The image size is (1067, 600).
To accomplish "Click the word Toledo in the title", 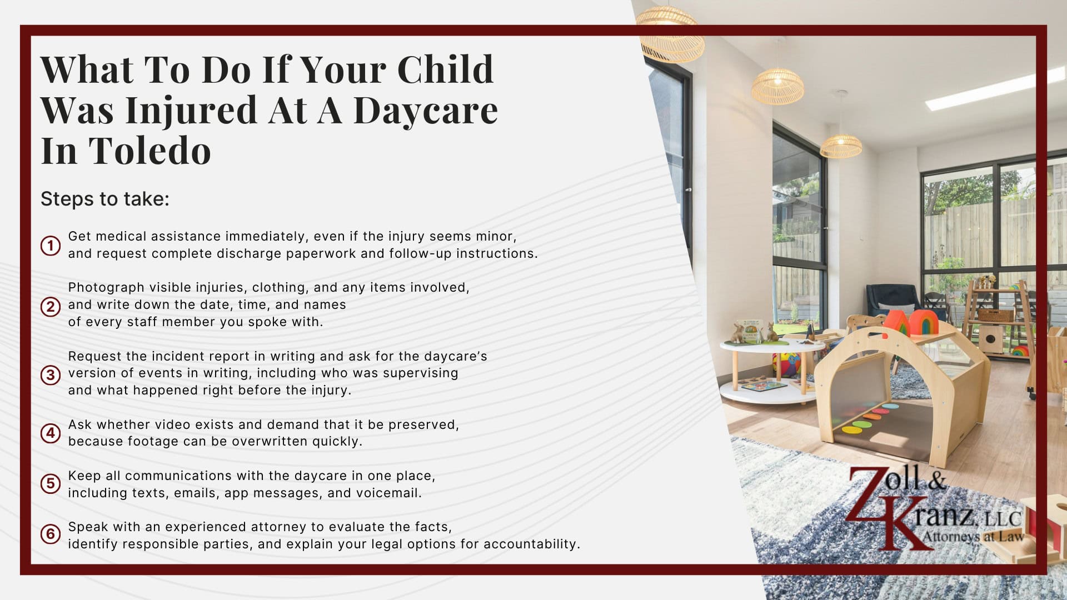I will (x=149, y=151).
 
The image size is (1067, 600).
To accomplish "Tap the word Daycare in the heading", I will (x=426, y=110).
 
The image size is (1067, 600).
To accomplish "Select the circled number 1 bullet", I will (x=51, y=245).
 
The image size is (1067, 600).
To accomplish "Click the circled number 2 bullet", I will (x=51, y=306).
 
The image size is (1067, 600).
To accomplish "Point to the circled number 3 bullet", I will (x=51, y=374).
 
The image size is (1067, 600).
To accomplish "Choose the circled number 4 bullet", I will (x=51, y=433).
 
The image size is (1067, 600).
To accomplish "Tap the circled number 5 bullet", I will (x=51, y=483).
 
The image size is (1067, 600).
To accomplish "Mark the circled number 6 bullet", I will (x=51, y=534).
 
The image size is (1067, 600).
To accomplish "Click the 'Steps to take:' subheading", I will (x=104, y=199).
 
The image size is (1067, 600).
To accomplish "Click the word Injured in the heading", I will (x=191, y=110).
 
